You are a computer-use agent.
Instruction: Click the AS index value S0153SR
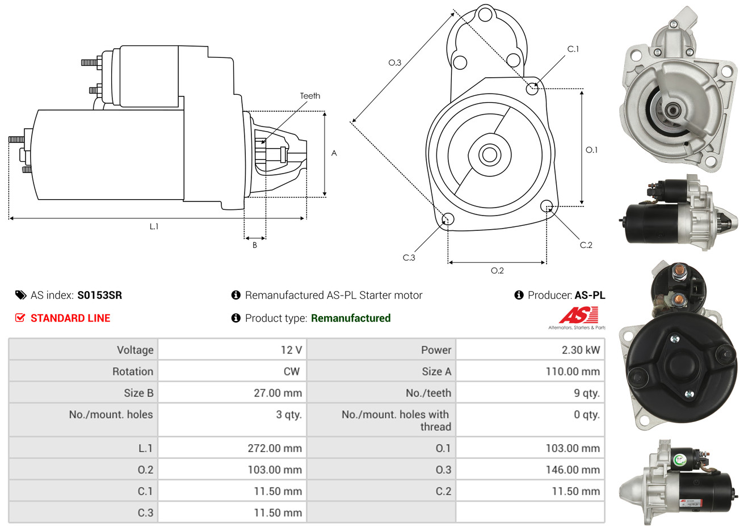coord(100,295)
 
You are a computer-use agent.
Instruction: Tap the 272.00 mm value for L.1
coord(275,448)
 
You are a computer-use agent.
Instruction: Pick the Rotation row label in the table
coord(133,371)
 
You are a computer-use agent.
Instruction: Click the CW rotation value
coord(292,371)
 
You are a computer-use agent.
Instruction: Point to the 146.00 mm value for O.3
coord(573,470)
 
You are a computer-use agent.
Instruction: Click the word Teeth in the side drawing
coord(310,96)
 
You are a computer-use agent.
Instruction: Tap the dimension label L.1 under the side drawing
coord(154,226)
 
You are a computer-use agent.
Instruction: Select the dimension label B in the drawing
coord(255,245)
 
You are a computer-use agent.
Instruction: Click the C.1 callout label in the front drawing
coord(573,49)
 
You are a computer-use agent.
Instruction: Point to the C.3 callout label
coord(409,258)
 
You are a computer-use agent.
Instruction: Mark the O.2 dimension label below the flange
coord(497,271)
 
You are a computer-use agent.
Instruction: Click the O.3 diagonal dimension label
coord(395,63)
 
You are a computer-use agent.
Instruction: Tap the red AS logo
coord(579,315)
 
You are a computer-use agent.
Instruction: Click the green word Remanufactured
coord(351,318)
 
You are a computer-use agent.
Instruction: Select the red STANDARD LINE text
coord(70,318)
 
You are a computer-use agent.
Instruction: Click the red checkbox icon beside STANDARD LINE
coord(20,318)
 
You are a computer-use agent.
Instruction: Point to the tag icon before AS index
coord(20,295)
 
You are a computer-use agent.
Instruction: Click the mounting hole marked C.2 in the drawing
coord(547,206)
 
